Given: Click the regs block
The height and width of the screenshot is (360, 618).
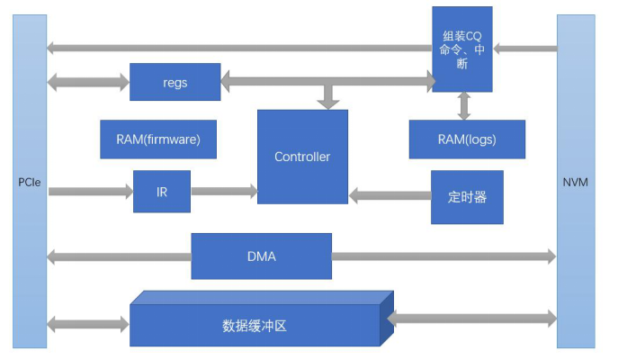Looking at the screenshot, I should pyautogui.click(x=175, y=82).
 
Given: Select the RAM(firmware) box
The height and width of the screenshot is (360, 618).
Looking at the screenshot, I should pyautogui.click(x=158, y=139).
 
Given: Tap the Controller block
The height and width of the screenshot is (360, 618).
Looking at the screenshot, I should pyautogui.click(x=302, y=157).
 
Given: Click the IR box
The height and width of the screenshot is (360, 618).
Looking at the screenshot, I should pyautogui.click(x=162, y=191).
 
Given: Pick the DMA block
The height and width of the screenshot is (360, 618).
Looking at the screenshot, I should pyautogui.click(x=261, y=256).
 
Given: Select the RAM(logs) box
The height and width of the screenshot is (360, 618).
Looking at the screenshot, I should pyautogui.click(x=467, y=139).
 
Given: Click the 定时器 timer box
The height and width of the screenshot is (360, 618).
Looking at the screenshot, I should pyautogui.click(x=467, y=197).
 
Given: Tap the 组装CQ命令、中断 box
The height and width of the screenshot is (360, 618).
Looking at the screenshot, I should pyautogui.click(x=462, y=49).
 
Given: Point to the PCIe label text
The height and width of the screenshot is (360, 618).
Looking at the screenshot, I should pyautogui.click(x=29, y=183).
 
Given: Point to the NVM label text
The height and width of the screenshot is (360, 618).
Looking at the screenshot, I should pyautogui.click(x=576, y=183).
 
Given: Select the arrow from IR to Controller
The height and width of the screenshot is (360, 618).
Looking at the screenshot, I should pyautogui.click(x=224, y=191).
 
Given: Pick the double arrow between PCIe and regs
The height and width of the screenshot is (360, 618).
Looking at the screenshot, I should pyautogui.click(x=88, y=82).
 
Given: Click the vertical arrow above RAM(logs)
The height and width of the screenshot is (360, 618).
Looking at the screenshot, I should pyautogui.click(x=464, y=105).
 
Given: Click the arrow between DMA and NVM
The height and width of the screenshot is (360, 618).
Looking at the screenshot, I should pyautogui.click(x=443, y=256).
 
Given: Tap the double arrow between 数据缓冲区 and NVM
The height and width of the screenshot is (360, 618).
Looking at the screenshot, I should pyautogui.click(x=471, y=318).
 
